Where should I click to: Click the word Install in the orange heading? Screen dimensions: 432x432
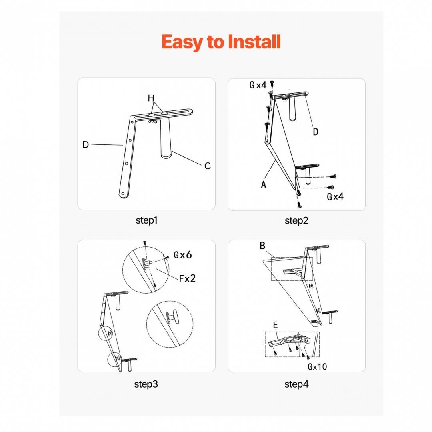(254, 42)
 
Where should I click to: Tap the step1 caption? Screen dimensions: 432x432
(146, 220)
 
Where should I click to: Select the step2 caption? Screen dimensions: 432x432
(296, 221)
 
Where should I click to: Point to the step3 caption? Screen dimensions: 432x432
(146, 384)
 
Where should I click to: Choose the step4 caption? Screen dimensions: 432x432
(296, 384)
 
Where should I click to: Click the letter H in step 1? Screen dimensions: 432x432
(151, 98)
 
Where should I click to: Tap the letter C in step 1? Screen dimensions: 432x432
(208, 166)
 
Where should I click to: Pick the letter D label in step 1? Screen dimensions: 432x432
(86, 145)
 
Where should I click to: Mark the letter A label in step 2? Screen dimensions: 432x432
(264, 184)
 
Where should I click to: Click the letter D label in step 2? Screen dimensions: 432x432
(316, 132)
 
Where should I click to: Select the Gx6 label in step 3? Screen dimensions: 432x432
(182, 255)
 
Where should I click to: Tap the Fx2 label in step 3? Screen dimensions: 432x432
(187, 278)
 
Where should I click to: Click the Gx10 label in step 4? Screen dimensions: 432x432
(317, 367)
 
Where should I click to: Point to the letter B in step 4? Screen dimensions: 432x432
(262, 246)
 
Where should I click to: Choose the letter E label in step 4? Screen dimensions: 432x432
(275, 325)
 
